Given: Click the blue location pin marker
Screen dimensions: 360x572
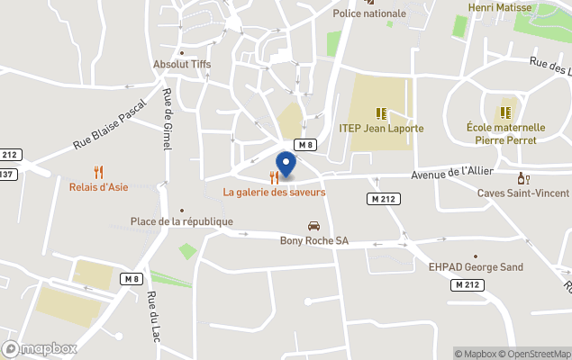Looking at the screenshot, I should [x=286, y=165].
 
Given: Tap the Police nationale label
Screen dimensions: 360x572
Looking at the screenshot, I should [x=369, y=13].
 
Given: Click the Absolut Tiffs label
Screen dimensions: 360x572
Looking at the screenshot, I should [x=181, y=65].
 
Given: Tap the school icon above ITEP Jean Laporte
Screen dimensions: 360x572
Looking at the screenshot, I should [x=381, y=113].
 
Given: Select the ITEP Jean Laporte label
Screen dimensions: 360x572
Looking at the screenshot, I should [x=381, y=129].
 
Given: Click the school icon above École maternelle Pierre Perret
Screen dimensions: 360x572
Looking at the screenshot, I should [x=504, y=112].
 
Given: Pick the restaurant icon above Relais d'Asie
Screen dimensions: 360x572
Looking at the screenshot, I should [x=99, y=172].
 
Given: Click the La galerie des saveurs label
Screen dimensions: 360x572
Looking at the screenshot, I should [x=275, y=193].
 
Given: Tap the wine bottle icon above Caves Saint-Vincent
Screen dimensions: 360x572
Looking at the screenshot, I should [x=522, y=178].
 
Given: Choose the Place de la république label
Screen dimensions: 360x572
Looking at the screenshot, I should [x=181, y=221].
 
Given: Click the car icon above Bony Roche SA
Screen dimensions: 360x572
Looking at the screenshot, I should [x=313, y=226].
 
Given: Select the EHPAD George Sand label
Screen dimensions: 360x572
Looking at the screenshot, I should [x=476, y=267].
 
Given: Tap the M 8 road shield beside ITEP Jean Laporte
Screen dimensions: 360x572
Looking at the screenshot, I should [x=306, y=145].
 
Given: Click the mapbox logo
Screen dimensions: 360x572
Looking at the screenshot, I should [x=40, y=348].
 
